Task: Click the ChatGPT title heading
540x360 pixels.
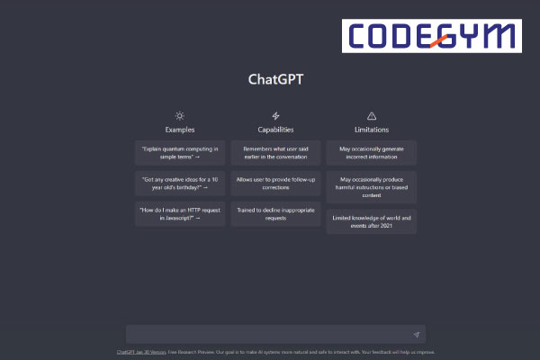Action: point(275,78)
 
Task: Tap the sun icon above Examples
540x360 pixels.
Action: point(180,116)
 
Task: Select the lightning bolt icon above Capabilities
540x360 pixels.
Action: point(275,116)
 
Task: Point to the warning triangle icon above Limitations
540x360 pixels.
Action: point(372,116)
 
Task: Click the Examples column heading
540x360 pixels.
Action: point(180,130)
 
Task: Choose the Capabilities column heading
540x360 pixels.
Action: point(275,130)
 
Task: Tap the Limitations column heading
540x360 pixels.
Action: point(372,130)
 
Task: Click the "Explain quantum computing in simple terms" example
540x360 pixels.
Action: point(180,152)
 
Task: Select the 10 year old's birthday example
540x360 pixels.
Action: point(180,184)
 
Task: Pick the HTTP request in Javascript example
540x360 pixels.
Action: point(180,215)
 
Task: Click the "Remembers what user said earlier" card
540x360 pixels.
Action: point(275,152)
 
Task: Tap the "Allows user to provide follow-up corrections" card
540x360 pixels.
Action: point(275,184)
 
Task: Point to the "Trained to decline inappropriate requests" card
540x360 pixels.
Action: point(275,215)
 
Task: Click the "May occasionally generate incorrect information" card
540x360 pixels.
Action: point(372,152)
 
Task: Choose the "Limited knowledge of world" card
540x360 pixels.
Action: point(372,221)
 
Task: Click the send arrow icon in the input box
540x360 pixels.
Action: point(416,334)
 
